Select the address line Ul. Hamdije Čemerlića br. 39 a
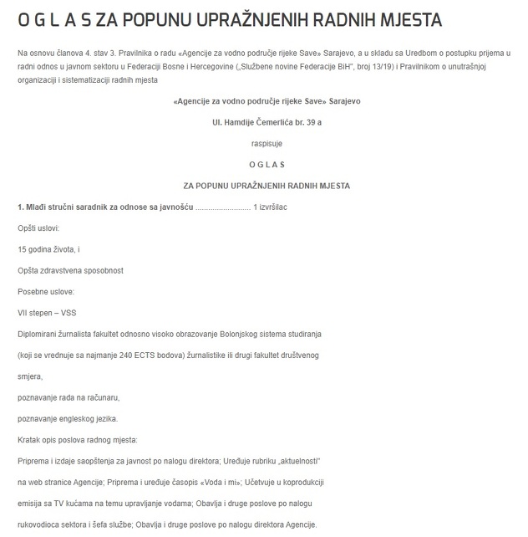[x=267, y=122]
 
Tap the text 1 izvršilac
[x=271, y=206]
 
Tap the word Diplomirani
[x=39, y=334]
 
